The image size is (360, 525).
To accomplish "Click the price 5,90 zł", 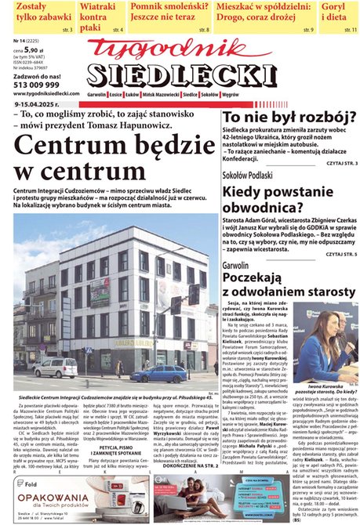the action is point(34,50).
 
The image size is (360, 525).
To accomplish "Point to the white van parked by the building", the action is point(56,367).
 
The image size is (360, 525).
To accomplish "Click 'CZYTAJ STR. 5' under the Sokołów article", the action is point(342,255).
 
